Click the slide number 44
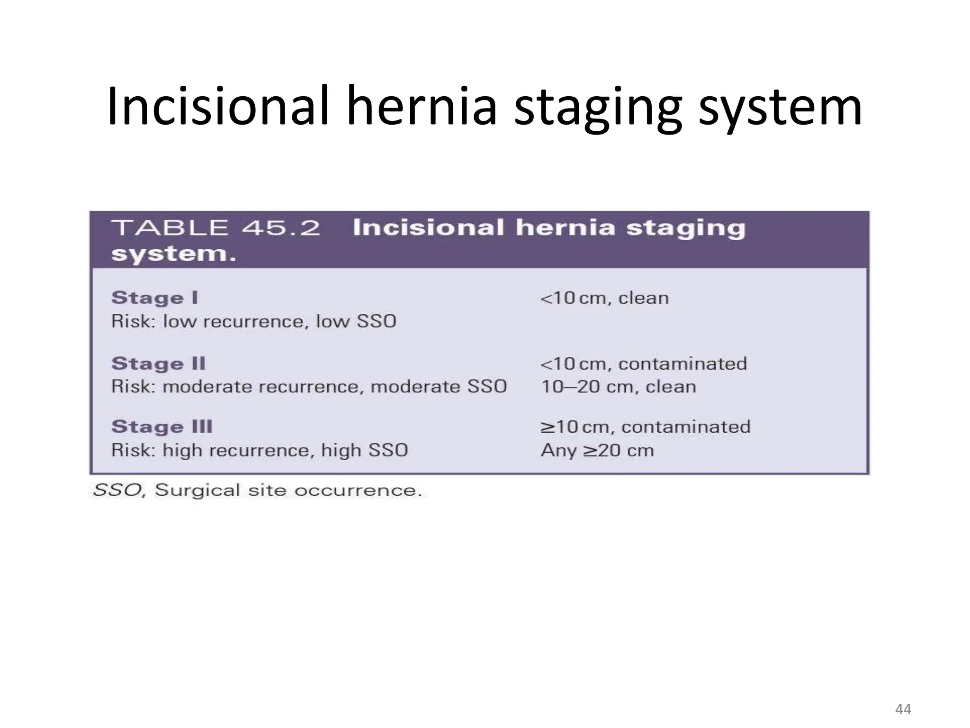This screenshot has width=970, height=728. click(903, 709)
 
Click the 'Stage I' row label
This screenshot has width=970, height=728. click(154, 298)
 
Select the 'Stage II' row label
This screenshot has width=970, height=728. click(158, 364)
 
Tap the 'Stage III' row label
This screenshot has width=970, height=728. click(162, 427)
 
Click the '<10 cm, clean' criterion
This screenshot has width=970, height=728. click(604, 298)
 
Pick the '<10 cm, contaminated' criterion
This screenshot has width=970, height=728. click(644, 364)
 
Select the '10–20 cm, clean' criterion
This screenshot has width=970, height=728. click(618, 387)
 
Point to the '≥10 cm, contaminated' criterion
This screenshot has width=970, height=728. click(646, 427)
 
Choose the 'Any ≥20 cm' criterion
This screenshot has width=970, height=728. click(597, 450)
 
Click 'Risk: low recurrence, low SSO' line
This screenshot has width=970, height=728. click(253, 321)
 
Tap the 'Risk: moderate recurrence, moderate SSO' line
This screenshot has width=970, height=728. click(309, 387)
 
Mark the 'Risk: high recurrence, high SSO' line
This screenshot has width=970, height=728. click(260, 450)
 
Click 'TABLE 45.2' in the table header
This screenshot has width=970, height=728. click(216, 228)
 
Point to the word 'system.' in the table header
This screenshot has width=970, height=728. click(173, 254)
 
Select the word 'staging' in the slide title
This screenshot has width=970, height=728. click(598, 107)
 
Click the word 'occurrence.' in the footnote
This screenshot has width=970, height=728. click(358, 490)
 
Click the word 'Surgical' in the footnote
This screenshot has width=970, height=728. click(198, 490)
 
